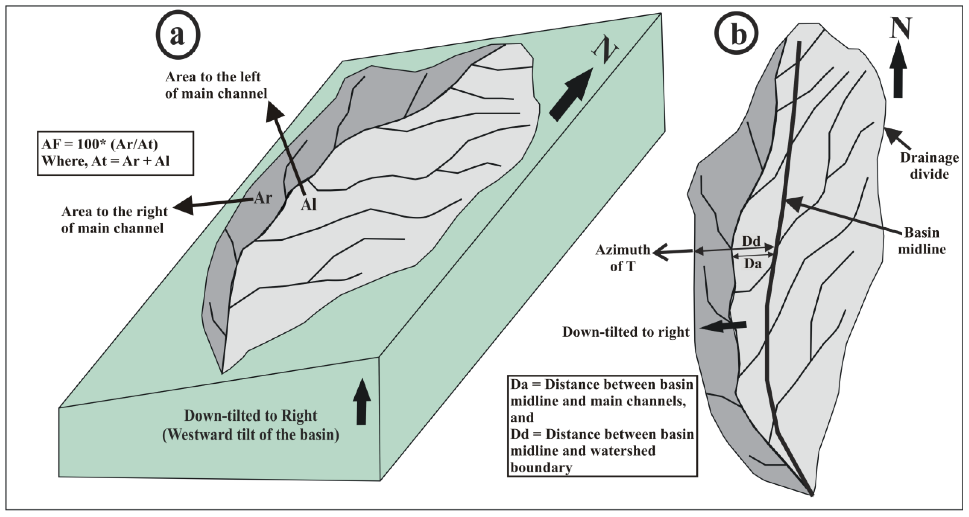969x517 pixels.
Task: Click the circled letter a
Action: [178, 35]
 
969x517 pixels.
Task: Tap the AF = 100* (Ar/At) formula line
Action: [100, 144]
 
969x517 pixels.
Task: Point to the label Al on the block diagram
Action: [308, 205]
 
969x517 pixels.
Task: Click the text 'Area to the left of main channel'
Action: [215, 85]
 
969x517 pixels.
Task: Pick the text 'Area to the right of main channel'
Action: [114, 220]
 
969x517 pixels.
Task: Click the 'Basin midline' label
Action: [922, 241]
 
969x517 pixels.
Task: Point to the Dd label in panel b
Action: [751, 241]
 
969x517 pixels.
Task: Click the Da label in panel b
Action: [753, 264]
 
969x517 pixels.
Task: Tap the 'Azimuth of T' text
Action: [623, 258]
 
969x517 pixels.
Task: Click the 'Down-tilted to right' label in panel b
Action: [626, 332]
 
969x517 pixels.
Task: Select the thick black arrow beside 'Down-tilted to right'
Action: [723, 326]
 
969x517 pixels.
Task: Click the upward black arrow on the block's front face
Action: [361, 402]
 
